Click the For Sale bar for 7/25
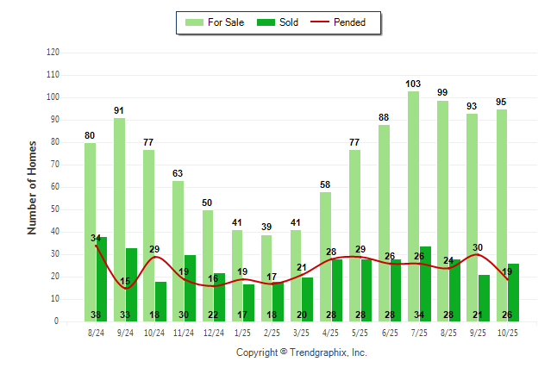click(413, 206)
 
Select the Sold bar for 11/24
click(191, 288)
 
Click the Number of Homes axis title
click(33, 187)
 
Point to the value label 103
click(413, 84)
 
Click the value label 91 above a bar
click(120, 110)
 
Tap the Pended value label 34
click(96, 238)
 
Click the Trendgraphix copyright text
click(302, 352)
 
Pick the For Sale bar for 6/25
click(384, 223)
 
